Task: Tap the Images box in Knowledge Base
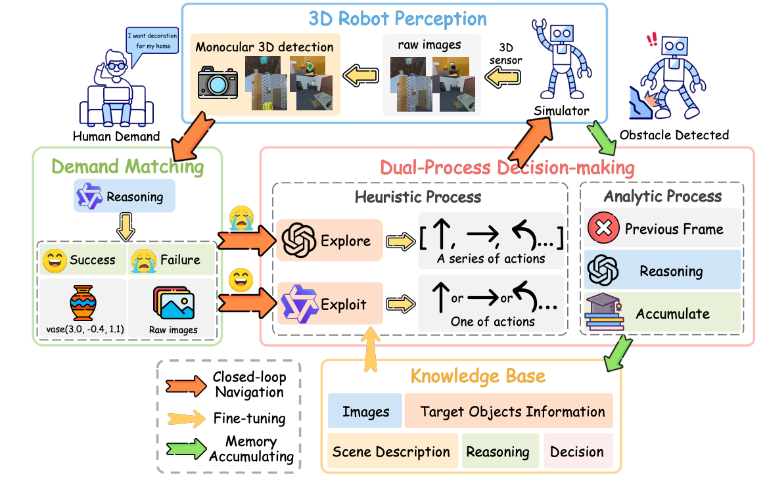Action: (365, 412)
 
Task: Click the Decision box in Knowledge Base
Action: (577, 452)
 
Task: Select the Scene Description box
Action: (391, 452)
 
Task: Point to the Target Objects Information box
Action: (512, 412)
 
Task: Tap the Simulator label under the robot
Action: (562, 111)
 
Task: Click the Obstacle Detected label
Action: (674, 135)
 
